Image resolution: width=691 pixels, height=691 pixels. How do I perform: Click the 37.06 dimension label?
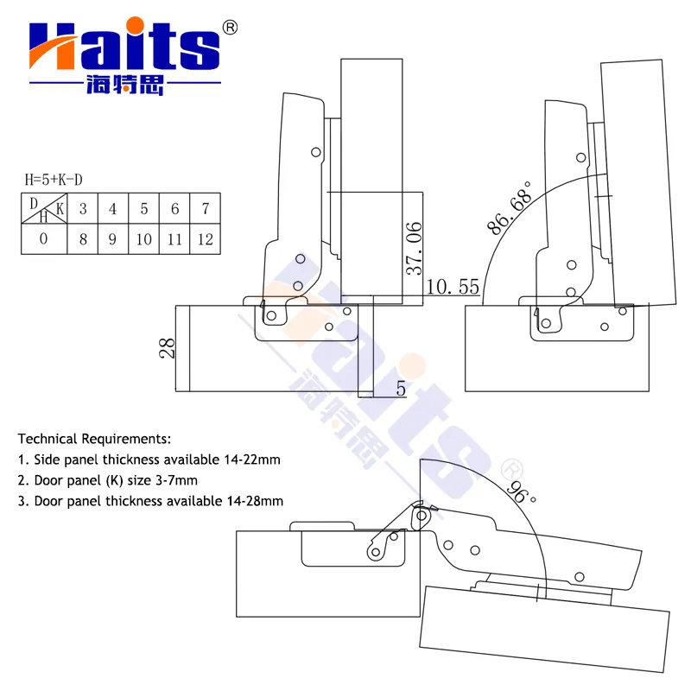(414, 249)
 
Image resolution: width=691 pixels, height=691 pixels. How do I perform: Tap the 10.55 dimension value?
(453, 287)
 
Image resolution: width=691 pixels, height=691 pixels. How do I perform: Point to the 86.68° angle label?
(509, 207)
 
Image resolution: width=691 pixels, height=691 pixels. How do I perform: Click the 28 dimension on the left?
(167, 348)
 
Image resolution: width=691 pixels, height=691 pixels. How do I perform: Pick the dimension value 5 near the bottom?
(401, 388)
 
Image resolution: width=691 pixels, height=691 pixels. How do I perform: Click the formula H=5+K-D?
(54, 180)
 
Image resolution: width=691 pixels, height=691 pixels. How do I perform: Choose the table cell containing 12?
(206, 239)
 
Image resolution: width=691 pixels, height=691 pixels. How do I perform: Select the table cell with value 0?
(44, 239)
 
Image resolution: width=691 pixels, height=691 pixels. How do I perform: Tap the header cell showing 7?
(206, 208)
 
